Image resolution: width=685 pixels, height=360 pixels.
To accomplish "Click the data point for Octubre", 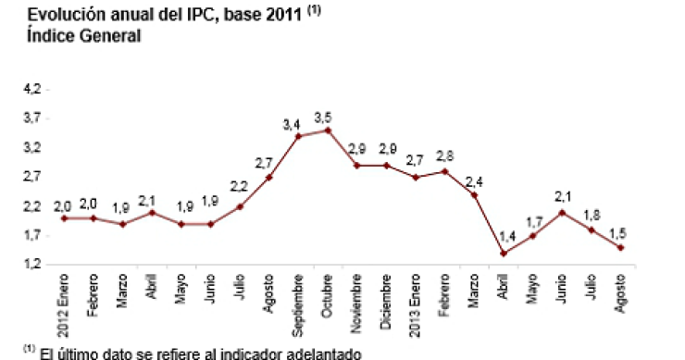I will pos(327,130).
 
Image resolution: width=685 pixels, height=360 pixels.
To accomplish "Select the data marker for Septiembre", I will pos(298,136).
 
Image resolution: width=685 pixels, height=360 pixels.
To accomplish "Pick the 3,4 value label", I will pos(292,123).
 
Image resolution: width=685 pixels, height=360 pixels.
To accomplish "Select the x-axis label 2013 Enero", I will pos(416,304).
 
